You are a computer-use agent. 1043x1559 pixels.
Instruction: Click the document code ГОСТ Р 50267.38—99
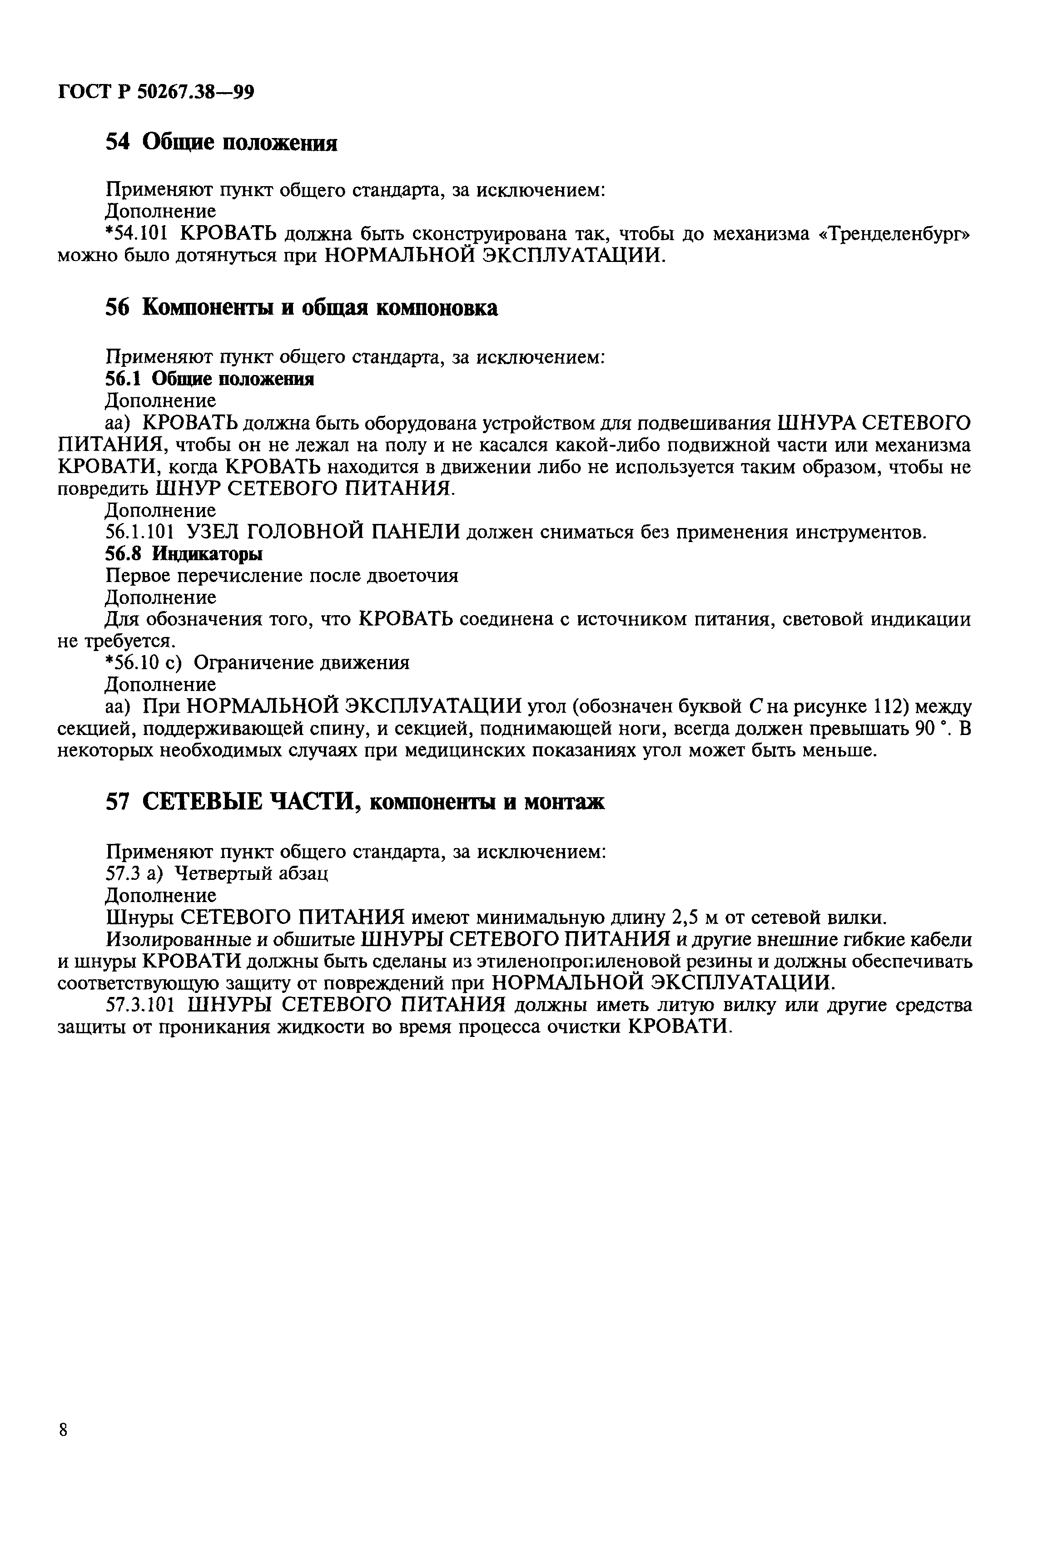point(156,91)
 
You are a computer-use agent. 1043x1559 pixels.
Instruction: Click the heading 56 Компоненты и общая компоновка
point(301,308)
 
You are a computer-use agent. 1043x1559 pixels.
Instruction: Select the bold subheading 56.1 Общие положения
point(209,379)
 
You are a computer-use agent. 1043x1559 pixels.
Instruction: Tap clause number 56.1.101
point(140,532)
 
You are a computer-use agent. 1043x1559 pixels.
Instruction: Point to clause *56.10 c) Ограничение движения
point(258,663)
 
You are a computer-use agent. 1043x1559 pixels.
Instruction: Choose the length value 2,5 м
point(695,918)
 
